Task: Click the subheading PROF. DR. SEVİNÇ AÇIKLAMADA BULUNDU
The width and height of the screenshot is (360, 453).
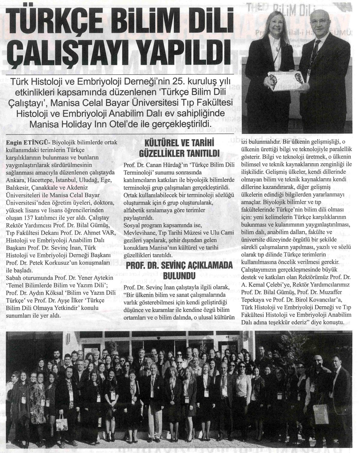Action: pos(179,272)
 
